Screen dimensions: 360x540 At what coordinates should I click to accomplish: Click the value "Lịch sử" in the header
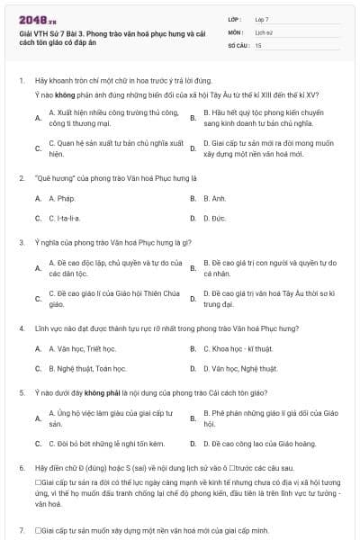click(x=263, y=31)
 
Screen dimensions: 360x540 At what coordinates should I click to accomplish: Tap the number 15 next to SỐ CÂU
click(x=258, y=44)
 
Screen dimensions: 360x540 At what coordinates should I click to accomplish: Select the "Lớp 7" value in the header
click(x=262, y=18)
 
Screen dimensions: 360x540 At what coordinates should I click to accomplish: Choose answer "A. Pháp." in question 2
click(x=61, y=198)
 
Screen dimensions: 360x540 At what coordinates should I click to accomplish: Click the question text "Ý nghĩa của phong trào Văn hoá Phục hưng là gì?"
click(x=107, y=242)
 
